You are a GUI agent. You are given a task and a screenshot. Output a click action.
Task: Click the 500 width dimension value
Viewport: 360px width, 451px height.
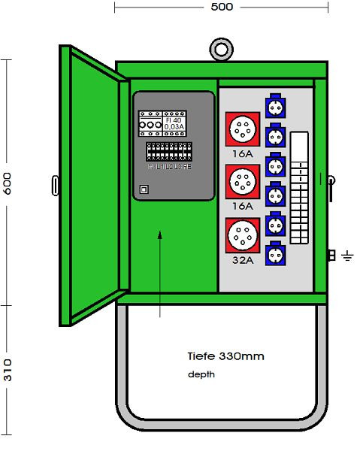[x=222, y=7]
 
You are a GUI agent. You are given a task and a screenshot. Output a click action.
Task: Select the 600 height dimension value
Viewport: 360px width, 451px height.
[x=8, y=187]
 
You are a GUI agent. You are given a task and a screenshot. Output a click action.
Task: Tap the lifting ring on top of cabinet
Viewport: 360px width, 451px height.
[x=221, y=49]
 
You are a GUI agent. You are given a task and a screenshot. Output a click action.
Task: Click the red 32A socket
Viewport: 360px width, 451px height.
[x=242, y=234]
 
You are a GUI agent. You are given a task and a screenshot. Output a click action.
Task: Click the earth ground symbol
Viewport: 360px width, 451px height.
[x=346, y=256]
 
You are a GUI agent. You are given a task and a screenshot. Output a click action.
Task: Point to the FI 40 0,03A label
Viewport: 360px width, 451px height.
[x=174, y=124]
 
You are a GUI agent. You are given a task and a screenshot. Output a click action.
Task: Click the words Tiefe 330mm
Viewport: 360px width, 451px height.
[x=225, y=356]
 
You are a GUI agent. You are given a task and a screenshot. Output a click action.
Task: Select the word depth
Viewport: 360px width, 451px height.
[x=201, y=374]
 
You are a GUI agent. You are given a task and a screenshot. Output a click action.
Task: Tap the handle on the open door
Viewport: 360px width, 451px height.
[x=57, y=183]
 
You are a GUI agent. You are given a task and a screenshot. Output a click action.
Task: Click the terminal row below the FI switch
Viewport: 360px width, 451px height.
[x=168, y=153]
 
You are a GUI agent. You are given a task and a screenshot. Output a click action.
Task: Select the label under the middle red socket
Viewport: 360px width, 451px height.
[x=242, y=205]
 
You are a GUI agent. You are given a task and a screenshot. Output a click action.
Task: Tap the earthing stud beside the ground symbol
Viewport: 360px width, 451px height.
[x=331, y=256]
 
